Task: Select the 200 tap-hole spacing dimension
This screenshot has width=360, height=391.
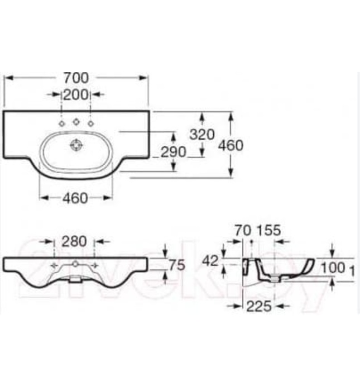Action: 75,94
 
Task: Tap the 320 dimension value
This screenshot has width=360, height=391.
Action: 203,135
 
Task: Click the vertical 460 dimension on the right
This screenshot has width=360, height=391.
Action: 231,145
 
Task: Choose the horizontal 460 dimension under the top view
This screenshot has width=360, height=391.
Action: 75,198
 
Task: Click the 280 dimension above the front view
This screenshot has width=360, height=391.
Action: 74,242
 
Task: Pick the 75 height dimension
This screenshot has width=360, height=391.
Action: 176,266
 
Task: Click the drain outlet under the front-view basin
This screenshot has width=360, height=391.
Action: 74,281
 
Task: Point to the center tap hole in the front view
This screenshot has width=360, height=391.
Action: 75,263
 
